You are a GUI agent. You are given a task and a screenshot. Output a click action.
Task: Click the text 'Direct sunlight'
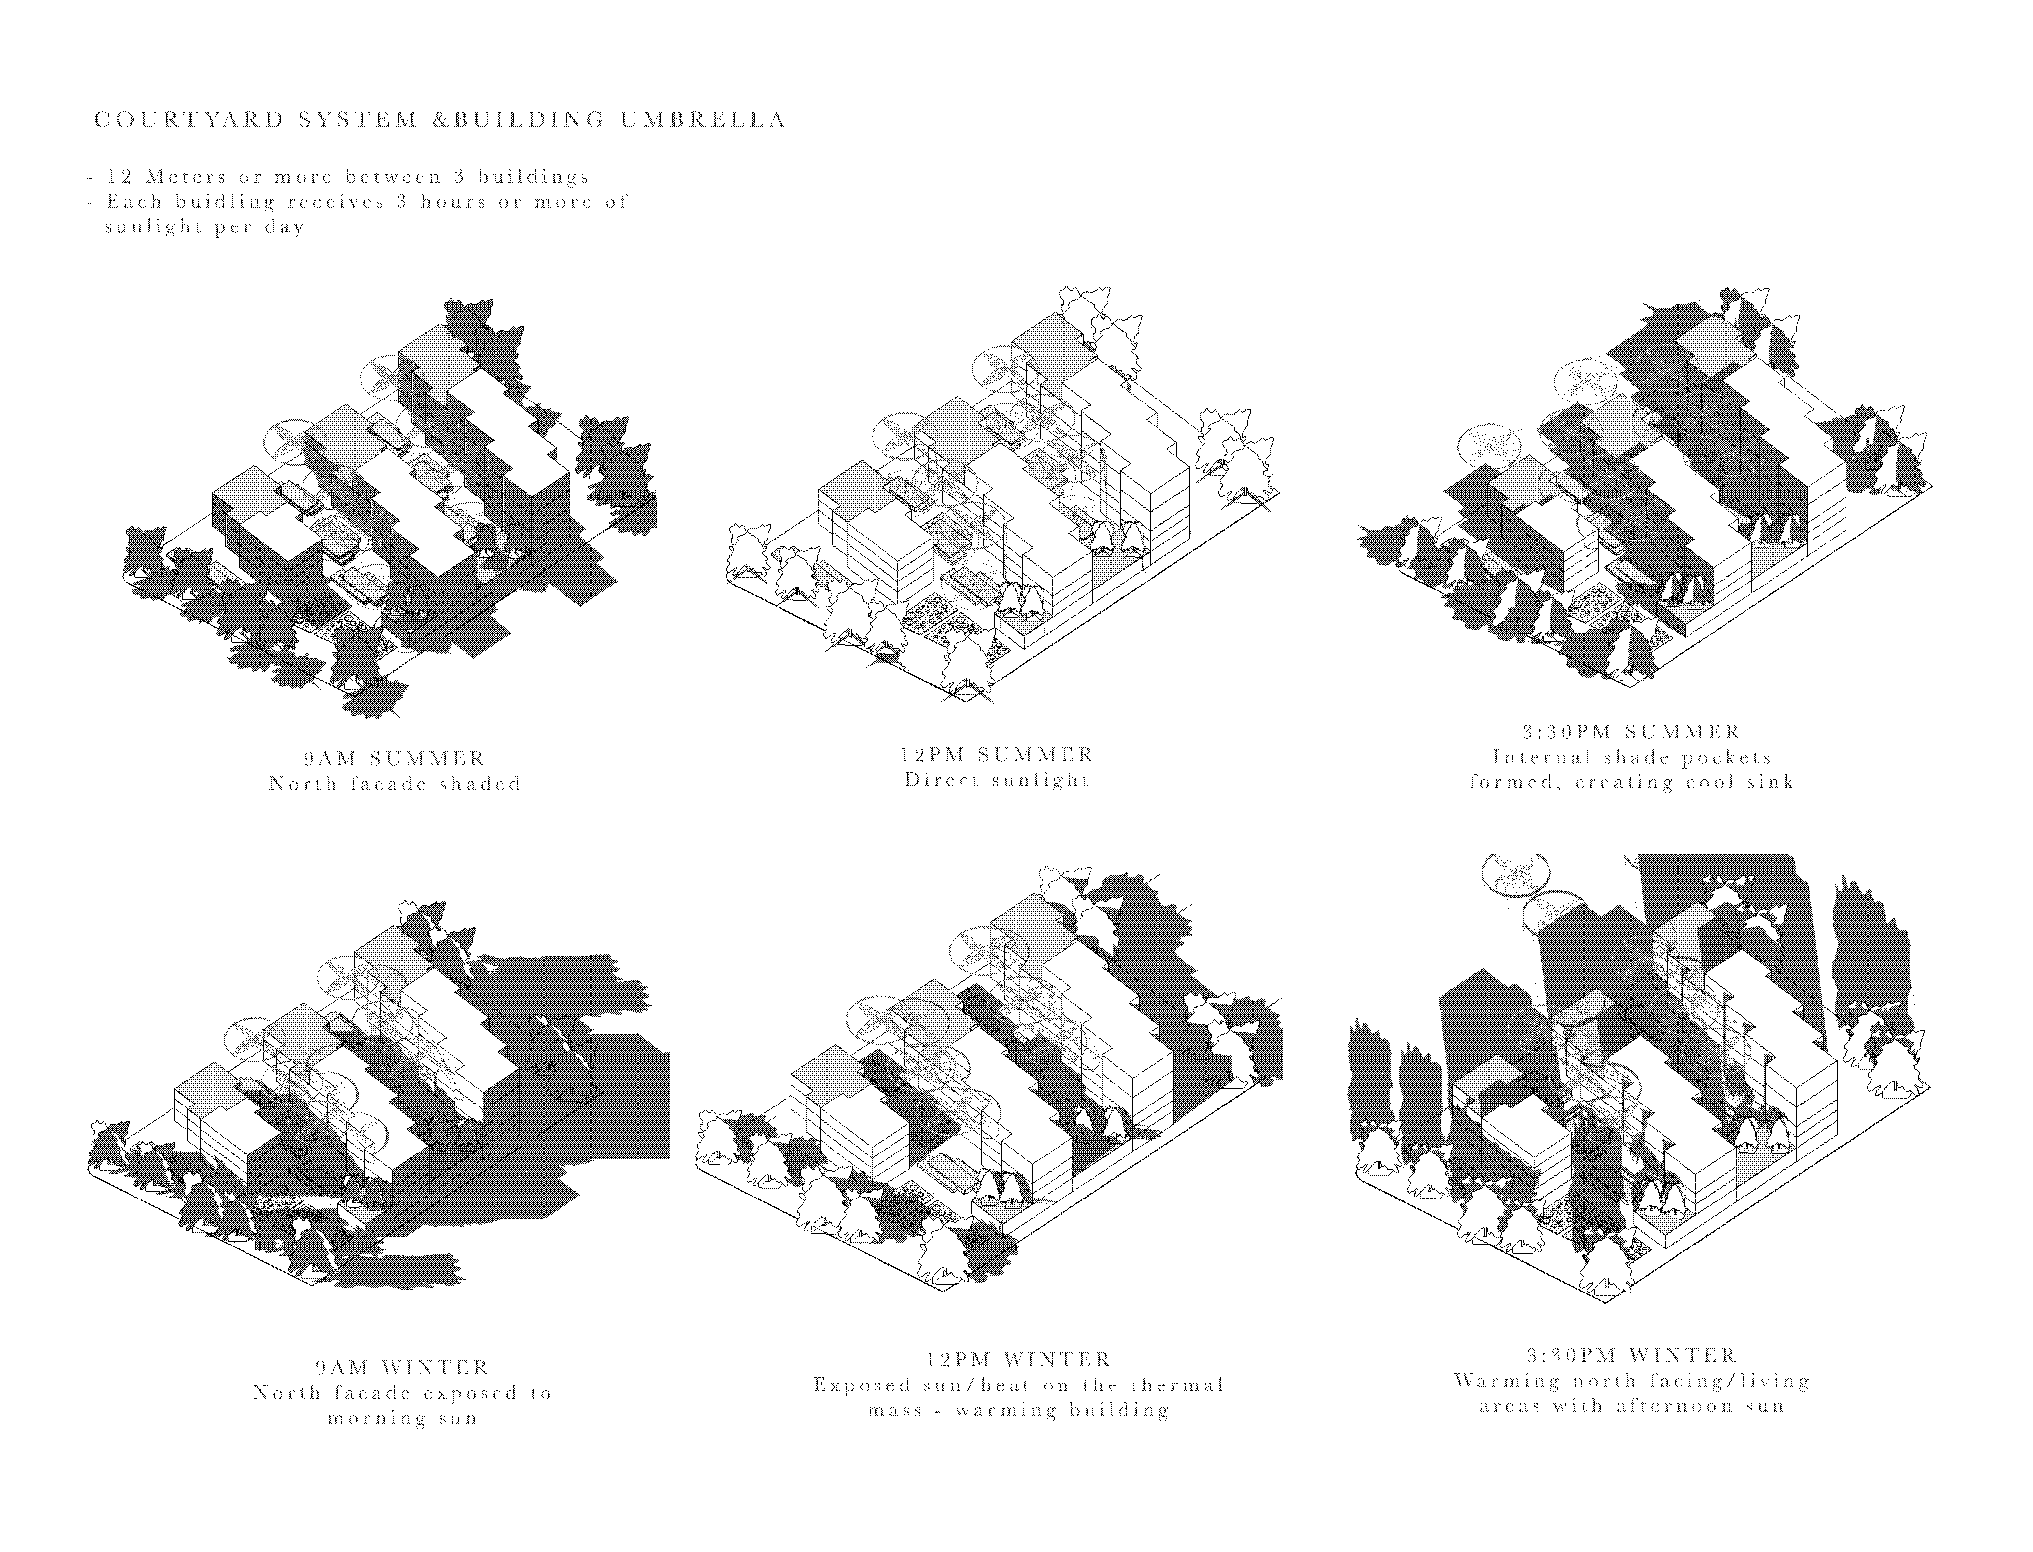tap(998, 780)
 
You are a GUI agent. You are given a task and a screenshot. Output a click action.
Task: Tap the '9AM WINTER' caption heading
tap(403, 1367)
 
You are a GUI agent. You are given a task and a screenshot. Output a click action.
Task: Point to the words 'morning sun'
tap(403, 1418)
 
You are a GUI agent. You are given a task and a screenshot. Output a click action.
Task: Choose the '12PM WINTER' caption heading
tap(1019, 1360)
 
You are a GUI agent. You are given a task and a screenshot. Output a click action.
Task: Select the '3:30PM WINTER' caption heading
tap(1632, 1355)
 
